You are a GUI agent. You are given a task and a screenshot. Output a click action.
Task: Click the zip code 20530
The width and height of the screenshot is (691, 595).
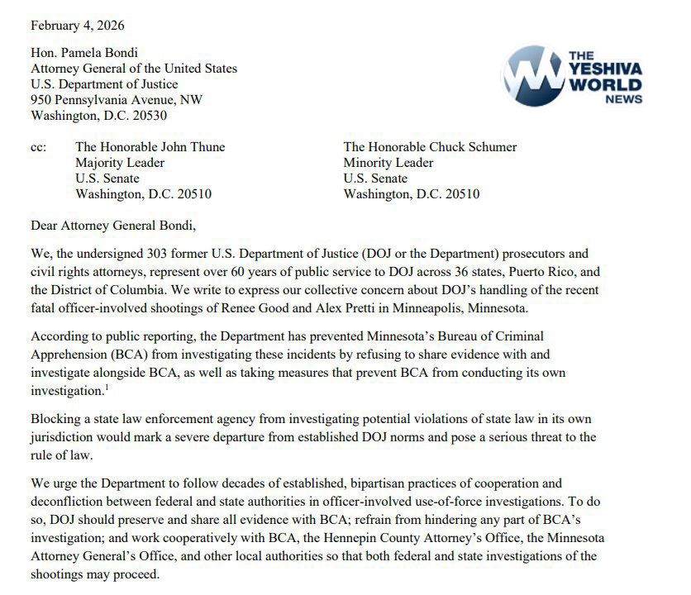[149, 116]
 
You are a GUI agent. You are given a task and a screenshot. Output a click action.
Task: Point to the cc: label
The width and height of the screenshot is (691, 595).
[38, 147]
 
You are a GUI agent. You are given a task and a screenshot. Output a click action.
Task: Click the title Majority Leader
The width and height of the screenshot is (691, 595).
[120, 163]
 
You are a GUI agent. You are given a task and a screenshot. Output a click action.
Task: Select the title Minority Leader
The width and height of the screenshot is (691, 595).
[388, 163]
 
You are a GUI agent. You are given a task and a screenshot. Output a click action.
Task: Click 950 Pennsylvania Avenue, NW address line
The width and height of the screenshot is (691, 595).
[117, 100]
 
